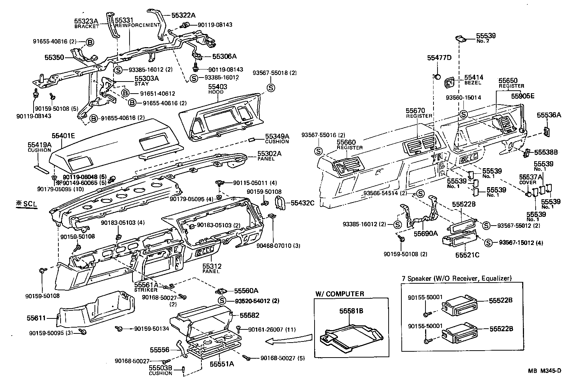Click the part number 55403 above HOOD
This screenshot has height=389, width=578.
(x=217, y=87)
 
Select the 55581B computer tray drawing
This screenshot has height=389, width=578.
(x=350, y=334)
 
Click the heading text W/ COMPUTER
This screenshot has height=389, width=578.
(x=340, y=294)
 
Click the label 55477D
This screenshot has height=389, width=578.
(x=439, y=58)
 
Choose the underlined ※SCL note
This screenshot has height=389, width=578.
(x=26, y=204)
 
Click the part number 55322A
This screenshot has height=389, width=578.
(x=184, y=15)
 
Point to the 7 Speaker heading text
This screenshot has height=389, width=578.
(x=456, y=278)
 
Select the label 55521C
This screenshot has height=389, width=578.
(x=467, y=254)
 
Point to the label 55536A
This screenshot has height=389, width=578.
(x=549, y=115)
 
